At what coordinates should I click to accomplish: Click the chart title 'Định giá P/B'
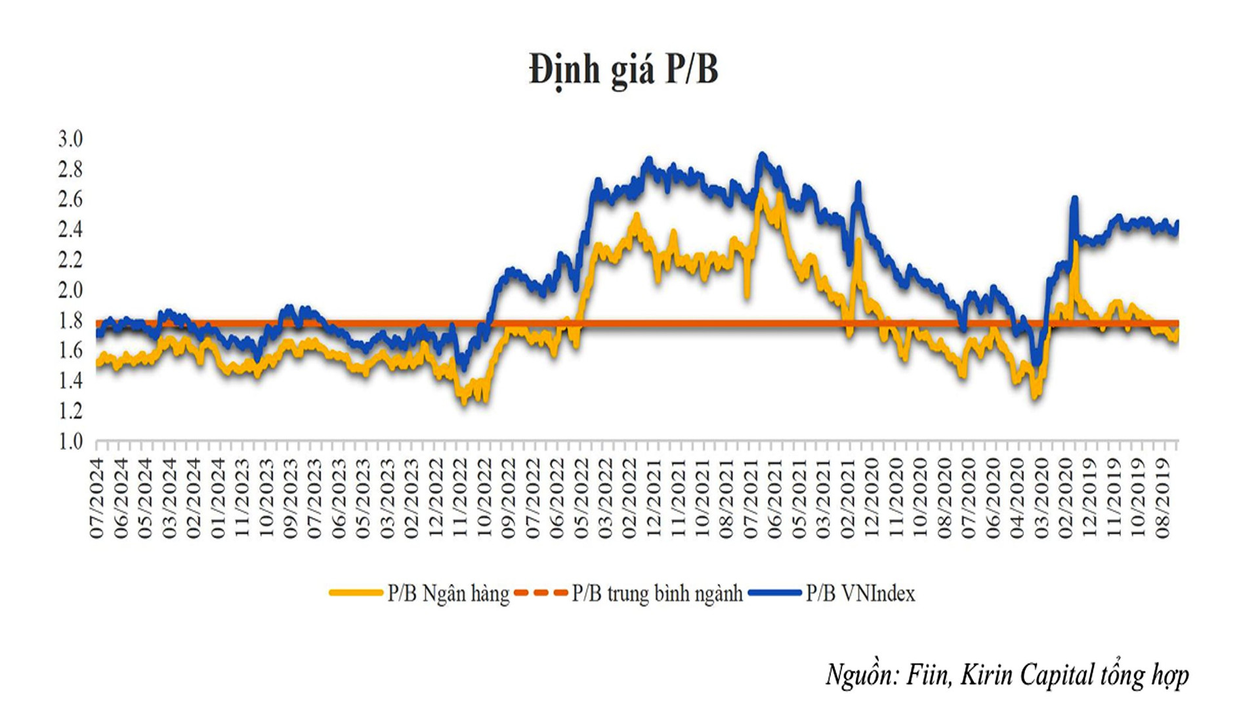(x=623, y=70)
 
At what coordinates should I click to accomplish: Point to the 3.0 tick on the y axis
(x=71, y=139)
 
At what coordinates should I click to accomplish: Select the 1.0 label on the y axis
(x=71, y=441)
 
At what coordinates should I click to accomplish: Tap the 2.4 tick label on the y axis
(x=71, y=230)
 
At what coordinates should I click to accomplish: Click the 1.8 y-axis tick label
(x=71, y=320)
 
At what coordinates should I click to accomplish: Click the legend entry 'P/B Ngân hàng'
(x=448, y=594)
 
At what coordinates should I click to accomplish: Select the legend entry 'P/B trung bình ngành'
(x=657, y=594)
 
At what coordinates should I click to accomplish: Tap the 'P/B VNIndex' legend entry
(x=860, y=594)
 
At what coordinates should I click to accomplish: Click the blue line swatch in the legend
(x=775, y=593)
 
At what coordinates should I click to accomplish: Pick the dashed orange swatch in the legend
(x=541, y=593)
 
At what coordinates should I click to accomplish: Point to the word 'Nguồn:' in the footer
(x=862, y=675)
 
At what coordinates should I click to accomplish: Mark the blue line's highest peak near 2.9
(x=762, y=156)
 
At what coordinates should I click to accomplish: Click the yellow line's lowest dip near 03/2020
(x=1036, y=396)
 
